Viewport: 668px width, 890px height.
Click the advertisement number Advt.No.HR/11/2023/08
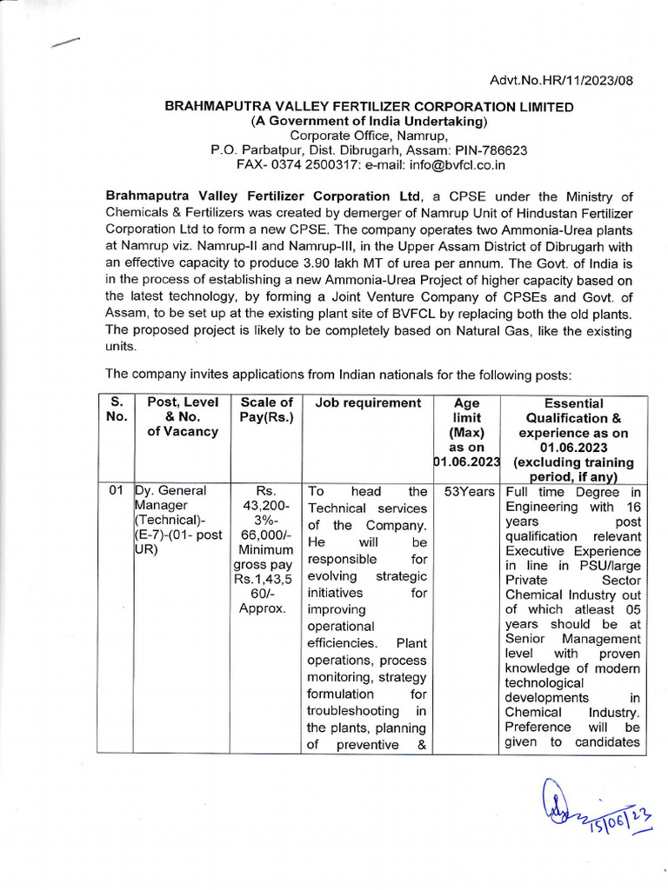[562, 81]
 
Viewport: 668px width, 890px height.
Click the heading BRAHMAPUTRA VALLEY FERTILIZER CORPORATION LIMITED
[370, 106]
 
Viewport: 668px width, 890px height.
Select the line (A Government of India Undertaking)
[370, 121]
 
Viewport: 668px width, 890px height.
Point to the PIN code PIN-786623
[491, 149]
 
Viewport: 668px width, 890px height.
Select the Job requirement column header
[368, 403]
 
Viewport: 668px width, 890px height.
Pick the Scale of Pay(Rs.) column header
[266, 409]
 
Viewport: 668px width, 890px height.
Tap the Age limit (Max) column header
[466, 417]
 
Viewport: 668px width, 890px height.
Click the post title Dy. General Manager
[167, 499]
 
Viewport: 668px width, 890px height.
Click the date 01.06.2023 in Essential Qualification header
[573, 448]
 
